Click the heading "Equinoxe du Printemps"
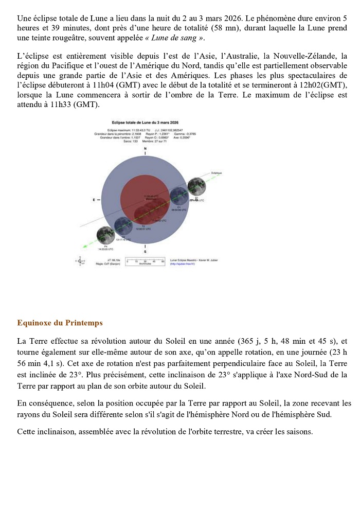pos(60,323)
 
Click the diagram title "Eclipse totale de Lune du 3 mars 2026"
pos(145,124)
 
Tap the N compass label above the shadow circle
pos(145,148)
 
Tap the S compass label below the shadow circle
pos(145,252)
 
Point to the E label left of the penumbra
pos(94,199)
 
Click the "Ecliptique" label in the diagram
pos(216,173)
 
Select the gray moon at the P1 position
pos(196,186)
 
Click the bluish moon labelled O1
pos(178,196)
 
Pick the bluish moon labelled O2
pos(122,225)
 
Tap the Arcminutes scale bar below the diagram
pos(146,261)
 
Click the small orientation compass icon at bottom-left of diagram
pos(81,261)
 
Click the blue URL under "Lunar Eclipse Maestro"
pos(185,264)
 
